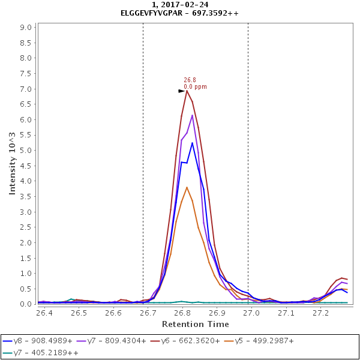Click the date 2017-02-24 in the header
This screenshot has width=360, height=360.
[x=188, y=5]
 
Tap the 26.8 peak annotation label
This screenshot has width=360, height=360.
[x=190, y=80]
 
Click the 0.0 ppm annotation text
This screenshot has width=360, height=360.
[x=195, y=86]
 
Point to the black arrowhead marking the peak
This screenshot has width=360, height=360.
[x=182, y=91]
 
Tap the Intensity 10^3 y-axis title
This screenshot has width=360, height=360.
[x=12, y=164]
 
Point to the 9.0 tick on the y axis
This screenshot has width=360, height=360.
[x=26, y=28]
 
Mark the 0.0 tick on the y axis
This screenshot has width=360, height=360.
[x=26, y=304]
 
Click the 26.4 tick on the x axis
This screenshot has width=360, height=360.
[x=44, y=313]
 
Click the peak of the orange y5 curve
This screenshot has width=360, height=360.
[x=187, y=187]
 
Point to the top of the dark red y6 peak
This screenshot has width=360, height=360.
[x=187, y=91]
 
